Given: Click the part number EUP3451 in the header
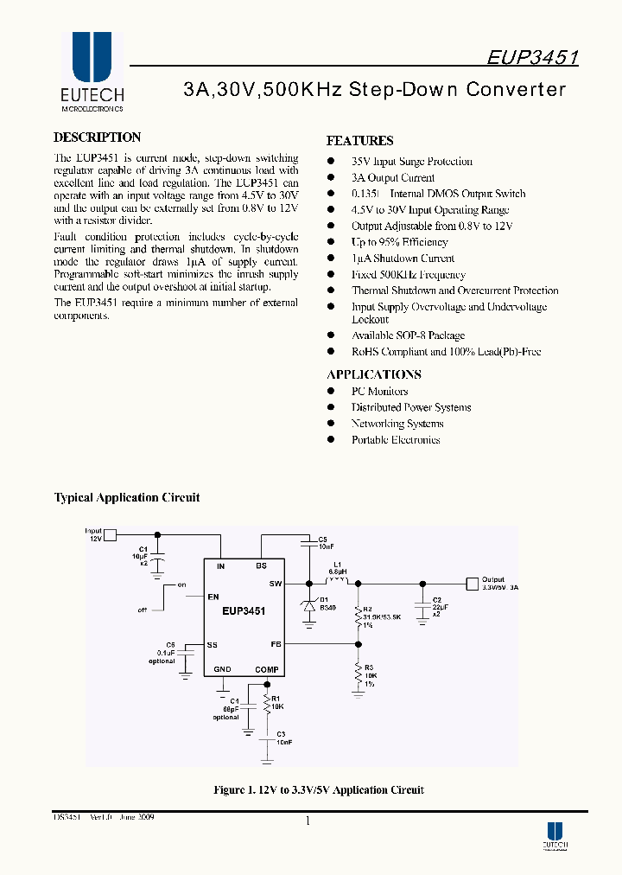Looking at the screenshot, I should [x=532, y=57].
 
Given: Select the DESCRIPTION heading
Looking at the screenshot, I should [x=97, y=137].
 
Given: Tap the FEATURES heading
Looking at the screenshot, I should [x=359, y=141].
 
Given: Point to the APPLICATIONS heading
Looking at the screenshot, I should [x=374, y=374].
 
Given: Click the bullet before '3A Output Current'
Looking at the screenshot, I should [x=330, y=178].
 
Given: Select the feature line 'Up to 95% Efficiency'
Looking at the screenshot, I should [x=399, y=242].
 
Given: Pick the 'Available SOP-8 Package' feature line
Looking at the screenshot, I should [x=408, y=335].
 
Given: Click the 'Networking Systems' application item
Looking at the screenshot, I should [x=397, y=424].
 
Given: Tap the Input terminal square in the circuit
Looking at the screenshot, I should [x=110, y=534].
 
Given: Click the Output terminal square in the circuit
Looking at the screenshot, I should [x=471, y=584].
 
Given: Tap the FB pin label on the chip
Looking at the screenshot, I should [x=276, y=643].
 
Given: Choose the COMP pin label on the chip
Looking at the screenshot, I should [x=267, y=670].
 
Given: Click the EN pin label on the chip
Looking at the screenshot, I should [x=213, y=597].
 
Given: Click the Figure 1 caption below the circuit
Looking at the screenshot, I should [x=318, y=790].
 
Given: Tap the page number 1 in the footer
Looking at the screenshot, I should [x=308, y=821].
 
